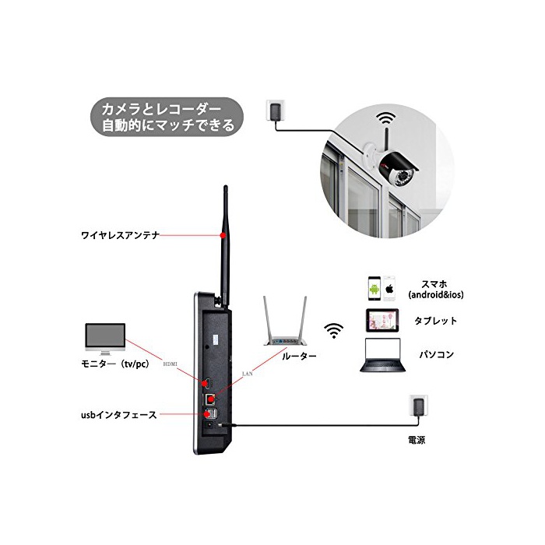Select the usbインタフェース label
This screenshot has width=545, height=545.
[114, 417]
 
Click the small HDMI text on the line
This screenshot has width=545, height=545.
[171, 363]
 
